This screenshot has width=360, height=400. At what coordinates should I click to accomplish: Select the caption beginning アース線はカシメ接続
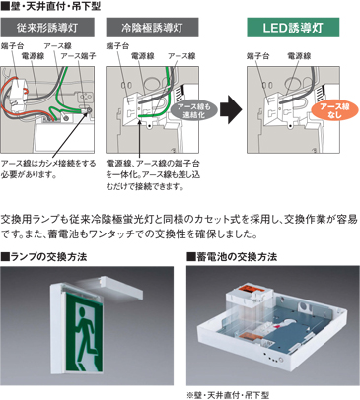49,168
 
